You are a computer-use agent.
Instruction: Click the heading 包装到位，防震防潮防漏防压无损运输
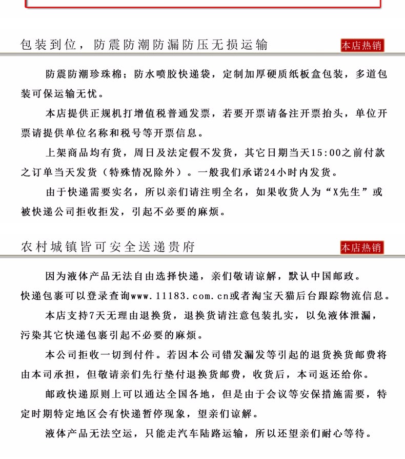(144, 45)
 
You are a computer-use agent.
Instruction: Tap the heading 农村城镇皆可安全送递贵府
(108, 247)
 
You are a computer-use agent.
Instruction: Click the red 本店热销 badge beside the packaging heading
(362, 46)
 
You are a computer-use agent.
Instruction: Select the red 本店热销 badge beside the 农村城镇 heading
(362, 247)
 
